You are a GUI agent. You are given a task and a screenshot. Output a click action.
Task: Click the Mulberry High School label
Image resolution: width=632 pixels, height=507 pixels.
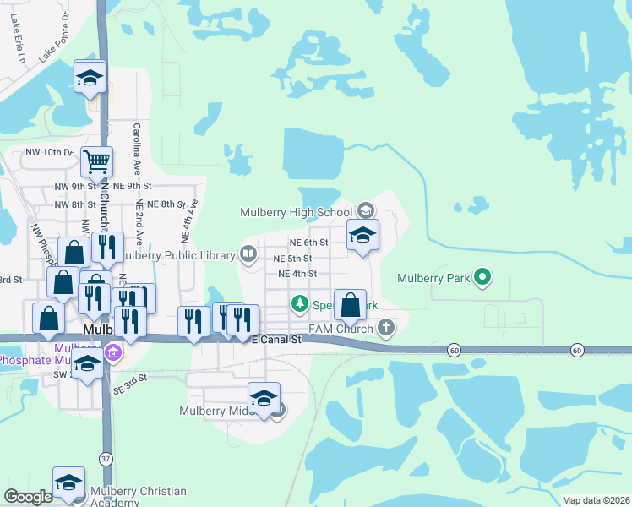(x=296, y=212)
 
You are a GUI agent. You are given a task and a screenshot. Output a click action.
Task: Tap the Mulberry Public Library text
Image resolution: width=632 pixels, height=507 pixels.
(x=177, y=254)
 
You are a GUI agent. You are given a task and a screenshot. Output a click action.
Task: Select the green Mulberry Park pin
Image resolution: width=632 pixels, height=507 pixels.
(x=482, y=276)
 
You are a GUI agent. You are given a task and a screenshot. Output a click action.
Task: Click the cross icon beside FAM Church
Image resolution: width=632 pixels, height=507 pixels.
(x=385, y=327)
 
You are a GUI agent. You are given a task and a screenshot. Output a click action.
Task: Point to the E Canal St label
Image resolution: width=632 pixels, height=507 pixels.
(x=276, y=339)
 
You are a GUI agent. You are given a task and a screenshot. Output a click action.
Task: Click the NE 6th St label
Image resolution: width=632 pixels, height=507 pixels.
(x=308, y=243)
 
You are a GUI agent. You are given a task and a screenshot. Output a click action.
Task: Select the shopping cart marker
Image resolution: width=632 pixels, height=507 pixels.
(x=96, y=161)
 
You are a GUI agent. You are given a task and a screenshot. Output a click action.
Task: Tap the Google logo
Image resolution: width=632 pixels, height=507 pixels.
(x=28, y=498)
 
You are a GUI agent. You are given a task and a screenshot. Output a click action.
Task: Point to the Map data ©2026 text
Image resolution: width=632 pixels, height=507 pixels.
(x=596, y=500)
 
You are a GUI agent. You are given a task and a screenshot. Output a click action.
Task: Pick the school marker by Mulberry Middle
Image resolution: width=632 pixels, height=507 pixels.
(x=264, y=398)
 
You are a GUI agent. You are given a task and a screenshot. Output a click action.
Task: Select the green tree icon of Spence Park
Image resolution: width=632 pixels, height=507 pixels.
(x=298, y=303)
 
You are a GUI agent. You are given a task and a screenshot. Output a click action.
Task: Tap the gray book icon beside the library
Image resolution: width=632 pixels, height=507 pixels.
(x=248, y=253)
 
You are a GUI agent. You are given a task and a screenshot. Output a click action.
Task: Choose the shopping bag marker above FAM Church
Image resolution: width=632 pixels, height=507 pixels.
(x=350, y=304)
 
